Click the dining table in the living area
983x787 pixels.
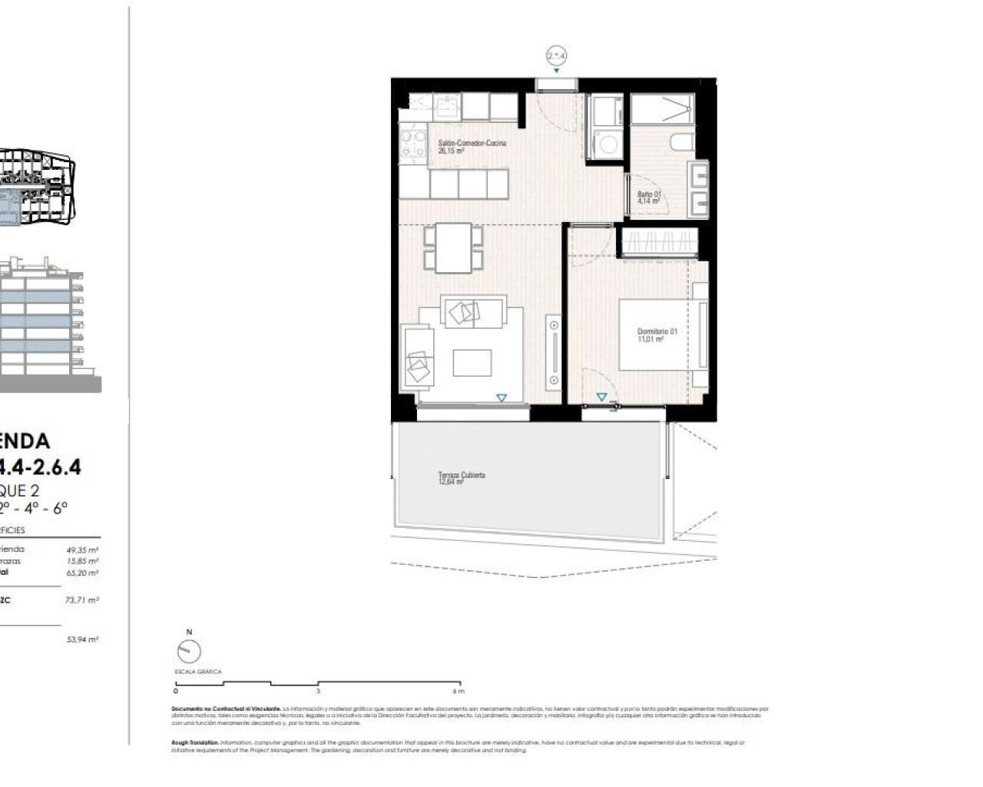click(453, 247)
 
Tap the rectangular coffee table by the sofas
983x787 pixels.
click(472, 363)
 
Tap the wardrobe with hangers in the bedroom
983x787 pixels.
click(659, 242)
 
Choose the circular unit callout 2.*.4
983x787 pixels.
click(557, 55)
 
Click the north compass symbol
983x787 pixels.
click(189, 651)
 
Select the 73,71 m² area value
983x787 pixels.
click(82, 599)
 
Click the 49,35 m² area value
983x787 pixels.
click(82, 550)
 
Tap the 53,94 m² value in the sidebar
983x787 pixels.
click(82, 639)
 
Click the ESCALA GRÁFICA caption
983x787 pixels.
click(198, 672)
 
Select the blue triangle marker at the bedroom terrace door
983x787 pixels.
click(601, 397)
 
